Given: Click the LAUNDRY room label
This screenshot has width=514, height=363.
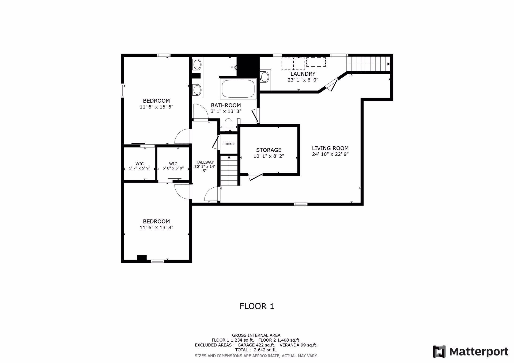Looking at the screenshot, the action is (303, 74).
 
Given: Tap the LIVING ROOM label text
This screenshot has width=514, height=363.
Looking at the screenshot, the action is (330, 148).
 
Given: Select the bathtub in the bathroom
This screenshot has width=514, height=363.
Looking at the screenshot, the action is (238, 88).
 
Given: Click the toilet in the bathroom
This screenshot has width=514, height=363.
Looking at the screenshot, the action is (229, 125).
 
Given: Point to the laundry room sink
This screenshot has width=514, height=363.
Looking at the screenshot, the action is (265, 77).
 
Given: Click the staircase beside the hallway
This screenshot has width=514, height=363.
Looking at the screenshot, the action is (229, 170).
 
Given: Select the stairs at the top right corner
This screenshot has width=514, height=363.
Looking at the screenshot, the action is (368, 64).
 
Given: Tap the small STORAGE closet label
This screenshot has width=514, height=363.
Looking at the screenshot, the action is (229, 144).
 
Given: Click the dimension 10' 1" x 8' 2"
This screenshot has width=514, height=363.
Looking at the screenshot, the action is (269, 156).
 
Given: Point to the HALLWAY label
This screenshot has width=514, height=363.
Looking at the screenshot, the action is (205, 162).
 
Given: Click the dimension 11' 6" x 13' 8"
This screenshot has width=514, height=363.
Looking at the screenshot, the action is (157, 228).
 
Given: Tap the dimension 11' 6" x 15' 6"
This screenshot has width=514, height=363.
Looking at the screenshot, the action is (157, 107).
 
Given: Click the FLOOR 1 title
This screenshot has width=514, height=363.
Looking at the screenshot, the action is (257, 306).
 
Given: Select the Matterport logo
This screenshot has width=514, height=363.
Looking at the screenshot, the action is (471, 352).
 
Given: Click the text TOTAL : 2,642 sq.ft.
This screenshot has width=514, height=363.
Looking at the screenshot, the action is (256, 350).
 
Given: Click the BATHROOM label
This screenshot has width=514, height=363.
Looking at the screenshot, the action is (226, 106).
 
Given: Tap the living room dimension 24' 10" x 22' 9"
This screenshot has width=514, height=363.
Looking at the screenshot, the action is (330, 155).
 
